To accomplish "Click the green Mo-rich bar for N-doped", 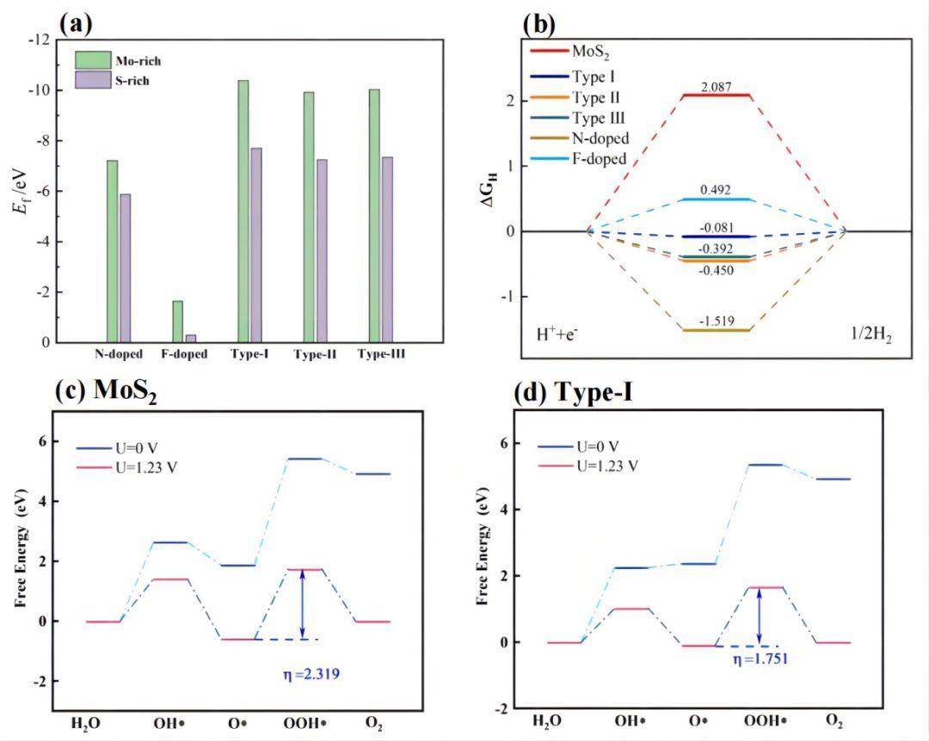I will point(112,251).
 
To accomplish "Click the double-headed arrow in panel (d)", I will point(759,616).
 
